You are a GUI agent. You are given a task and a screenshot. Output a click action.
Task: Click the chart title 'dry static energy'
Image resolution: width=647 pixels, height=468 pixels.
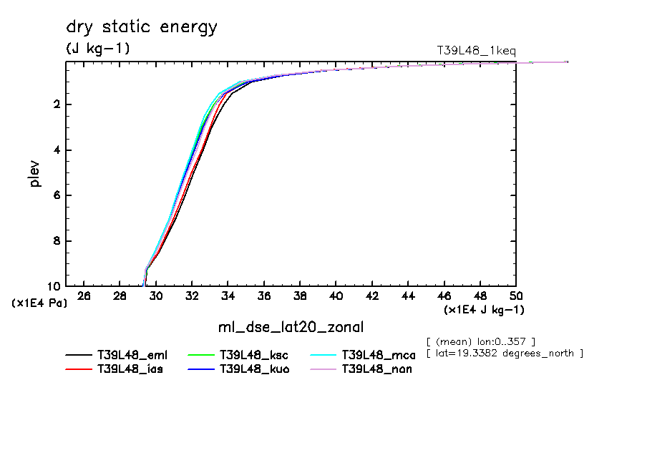pyautogui.click(x=142, y=28)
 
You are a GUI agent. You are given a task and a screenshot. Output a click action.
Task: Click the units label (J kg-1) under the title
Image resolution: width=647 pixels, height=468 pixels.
pyautogui.click(x=98, y=49)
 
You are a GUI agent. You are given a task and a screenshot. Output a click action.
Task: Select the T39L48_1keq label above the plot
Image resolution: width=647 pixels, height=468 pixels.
pyautogui.click(x=476, y=50)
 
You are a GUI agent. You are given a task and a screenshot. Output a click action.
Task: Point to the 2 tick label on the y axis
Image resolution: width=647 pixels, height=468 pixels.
pyautogui.click(x=57, y=104)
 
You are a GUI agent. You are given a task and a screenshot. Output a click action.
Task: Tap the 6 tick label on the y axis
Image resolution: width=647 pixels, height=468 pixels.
pyautogui.click(x=57, y=195)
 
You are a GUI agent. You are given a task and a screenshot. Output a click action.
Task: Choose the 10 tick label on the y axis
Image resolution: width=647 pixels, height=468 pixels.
pyautogui.click(x=54, y=286)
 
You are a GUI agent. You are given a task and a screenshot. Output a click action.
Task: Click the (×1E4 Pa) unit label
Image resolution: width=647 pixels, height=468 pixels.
pyautogui.click(x=39, y=303)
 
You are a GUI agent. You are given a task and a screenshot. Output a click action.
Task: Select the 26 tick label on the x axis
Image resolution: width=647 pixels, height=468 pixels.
pyautogui.click(x=84, y=296)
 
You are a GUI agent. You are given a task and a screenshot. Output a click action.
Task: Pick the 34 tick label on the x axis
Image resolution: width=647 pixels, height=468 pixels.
pyautogui.click(x=228, y=296)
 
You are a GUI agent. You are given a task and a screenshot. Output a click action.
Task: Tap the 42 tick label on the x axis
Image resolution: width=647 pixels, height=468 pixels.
pyautogui.click(x=372, y=296)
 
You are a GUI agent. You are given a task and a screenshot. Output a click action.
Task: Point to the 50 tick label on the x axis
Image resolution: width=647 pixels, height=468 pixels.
pyautogui.click(x=516, y=296)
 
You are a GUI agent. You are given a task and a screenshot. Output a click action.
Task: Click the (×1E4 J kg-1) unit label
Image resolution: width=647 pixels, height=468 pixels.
pyautogui.click(x=484, y=310)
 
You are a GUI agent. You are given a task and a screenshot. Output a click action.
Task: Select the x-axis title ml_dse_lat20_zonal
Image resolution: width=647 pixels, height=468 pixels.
pyautogui.click(x=291, y=328)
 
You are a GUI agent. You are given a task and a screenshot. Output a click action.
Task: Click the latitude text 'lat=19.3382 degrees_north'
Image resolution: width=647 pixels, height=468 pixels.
pyautogui.click(x=504, y=354)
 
